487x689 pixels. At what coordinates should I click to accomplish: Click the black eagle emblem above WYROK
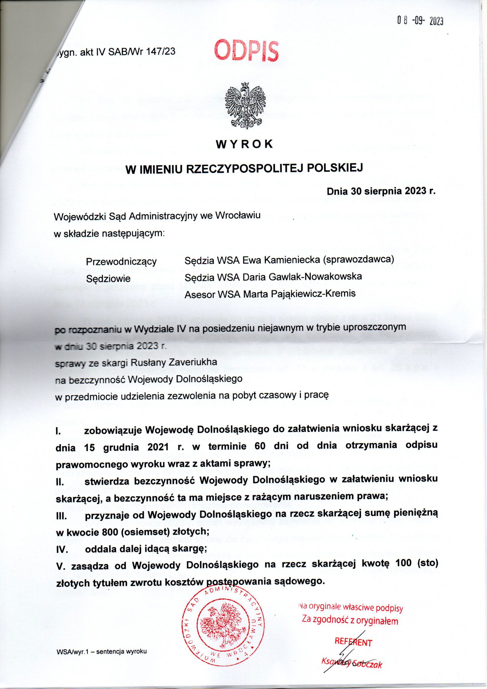(243, 104)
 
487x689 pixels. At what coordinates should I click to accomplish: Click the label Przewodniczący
(121, 262)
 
